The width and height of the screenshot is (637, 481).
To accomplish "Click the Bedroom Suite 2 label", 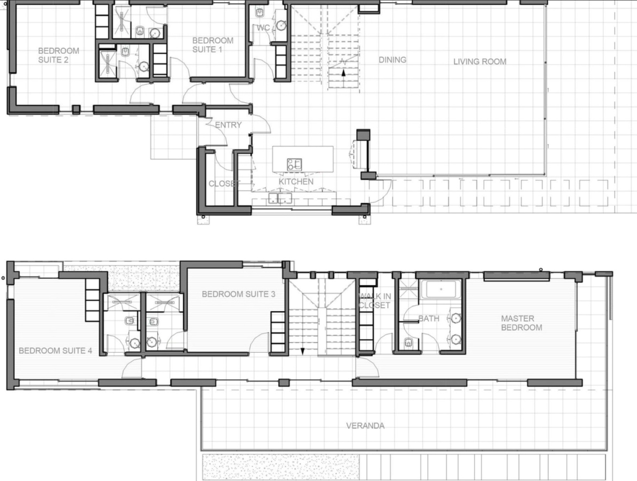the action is pos(59,55).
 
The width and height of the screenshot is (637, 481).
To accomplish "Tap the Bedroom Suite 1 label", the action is pos(213,45).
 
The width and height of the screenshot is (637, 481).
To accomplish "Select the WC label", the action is pos(263,28).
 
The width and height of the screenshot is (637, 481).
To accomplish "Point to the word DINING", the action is pos(392,60).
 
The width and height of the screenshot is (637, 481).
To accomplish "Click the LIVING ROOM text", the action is pos(480,61).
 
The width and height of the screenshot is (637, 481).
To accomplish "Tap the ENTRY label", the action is pos(228,125).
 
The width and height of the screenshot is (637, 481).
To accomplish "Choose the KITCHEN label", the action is pos(296,182).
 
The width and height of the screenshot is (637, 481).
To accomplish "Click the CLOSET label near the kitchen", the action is pos(224,183).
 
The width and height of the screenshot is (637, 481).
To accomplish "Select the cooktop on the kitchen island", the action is pos(294,164).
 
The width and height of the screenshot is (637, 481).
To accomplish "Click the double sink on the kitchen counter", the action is pos(280,198).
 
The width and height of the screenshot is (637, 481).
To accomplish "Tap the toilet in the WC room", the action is pos(260,12).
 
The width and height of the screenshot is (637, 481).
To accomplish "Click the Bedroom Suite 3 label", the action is pos(239,294).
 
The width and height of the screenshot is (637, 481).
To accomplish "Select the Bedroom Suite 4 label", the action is pos(56,351).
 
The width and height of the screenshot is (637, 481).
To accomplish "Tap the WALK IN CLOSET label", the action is pos(375,301).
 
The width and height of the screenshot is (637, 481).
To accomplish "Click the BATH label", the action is pos(429,319).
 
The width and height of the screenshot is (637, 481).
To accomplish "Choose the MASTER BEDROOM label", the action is pos(522,323).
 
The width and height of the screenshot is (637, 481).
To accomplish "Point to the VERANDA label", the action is pos(365,426).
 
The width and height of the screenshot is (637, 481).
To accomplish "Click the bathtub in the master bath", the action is pos(441,289).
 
